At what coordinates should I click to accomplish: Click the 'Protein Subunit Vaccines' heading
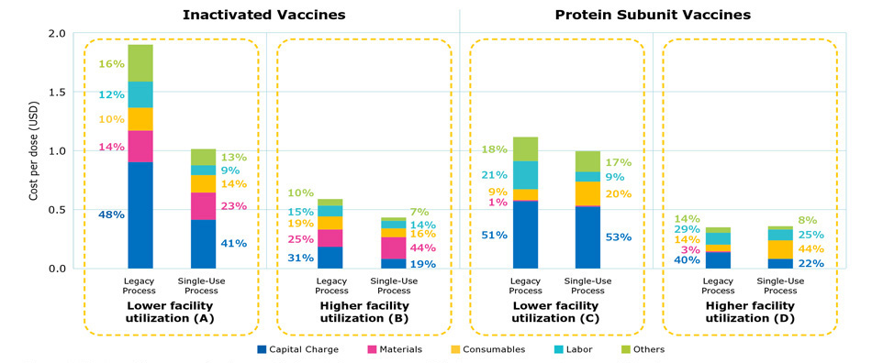653,15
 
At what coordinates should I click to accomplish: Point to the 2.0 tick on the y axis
57,34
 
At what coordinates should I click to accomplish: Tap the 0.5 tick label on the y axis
57,210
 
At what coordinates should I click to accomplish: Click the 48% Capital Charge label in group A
111,214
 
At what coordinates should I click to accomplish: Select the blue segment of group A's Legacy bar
140,214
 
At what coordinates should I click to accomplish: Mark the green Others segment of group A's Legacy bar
140,62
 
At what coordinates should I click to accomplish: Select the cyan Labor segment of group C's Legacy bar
526,175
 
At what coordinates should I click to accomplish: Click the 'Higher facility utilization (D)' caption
749,313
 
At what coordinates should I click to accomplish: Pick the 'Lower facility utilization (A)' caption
171,313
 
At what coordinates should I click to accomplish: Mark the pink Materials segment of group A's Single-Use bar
203,206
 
